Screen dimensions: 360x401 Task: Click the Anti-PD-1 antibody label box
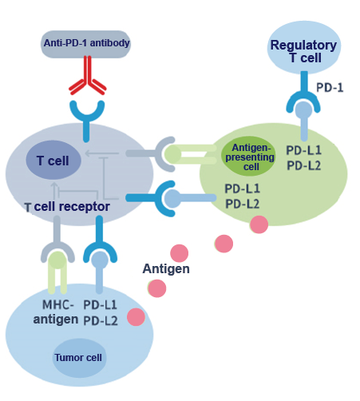coord(85,44)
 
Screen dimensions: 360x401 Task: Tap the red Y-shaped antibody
coord(88,75)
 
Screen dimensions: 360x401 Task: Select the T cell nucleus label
coord(53,161)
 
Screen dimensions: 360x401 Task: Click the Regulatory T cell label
coord(303,51)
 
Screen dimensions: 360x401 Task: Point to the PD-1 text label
coord(330,88)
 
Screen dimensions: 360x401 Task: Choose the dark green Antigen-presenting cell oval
coord(248,157)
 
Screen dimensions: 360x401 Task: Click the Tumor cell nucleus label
coord(78,358)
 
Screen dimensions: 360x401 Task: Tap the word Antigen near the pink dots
coord(166,269)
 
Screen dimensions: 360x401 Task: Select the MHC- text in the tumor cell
coord(58,304)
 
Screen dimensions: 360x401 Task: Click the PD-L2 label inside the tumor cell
coord(101,321)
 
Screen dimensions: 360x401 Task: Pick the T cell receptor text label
coord(67,207)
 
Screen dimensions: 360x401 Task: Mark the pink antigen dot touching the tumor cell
coord(136,317)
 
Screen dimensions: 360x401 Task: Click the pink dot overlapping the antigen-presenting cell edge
coord(259,224)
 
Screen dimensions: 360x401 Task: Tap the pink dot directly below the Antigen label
coord(157,288)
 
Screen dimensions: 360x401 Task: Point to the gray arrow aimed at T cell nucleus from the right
coord(101,153)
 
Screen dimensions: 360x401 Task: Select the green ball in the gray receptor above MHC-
coord(57,260)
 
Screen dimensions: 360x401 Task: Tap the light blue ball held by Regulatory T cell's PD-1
coord(304,109)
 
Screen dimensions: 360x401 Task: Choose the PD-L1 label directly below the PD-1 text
coord(303,150)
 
